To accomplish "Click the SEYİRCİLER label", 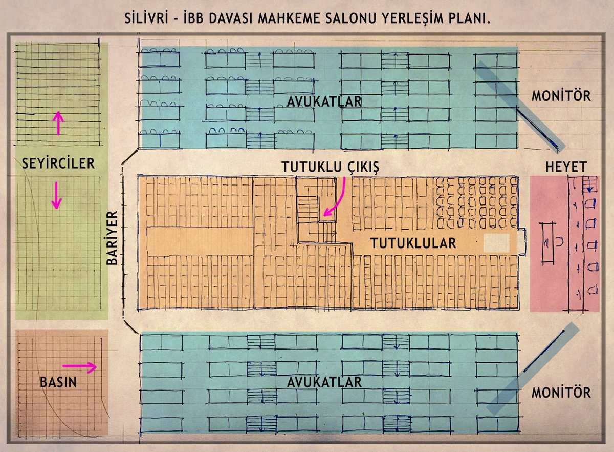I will tap(58, 163).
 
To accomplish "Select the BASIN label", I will tap(58, 382).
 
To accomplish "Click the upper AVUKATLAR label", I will tap(324, 101).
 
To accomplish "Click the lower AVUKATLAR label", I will tap(324, 382).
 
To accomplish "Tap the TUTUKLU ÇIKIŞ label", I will tap(332, 168).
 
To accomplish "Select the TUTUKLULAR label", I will tap(413, 244).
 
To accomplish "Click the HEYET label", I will tap(565, 167).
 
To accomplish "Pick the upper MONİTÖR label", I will tap(561, 96).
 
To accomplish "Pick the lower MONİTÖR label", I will tap(561, 393).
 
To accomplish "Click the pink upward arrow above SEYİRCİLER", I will tap(59, 123).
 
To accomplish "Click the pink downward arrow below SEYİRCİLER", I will tap(57, 196).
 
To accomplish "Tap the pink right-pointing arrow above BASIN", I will tap(79, 367).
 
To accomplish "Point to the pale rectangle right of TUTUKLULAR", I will tap(496, 243).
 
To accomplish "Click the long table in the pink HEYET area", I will tap(548, 243).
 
